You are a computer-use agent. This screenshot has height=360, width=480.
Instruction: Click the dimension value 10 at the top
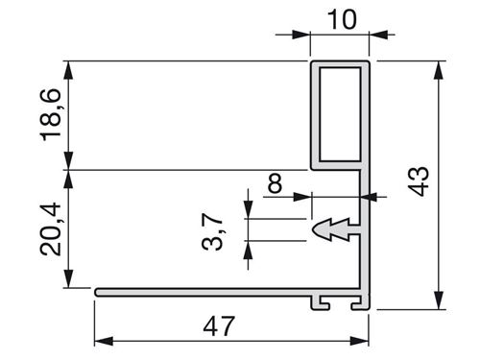342,19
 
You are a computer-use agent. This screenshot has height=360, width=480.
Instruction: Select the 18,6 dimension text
51,114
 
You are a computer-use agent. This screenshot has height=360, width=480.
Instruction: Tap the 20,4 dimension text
51,228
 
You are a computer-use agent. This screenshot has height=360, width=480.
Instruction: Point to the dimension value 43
420,181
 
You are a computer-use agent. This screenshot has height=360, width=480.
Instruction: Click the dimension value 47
219,325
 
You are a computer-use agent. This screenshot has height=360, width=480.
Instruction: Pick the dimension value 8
276,183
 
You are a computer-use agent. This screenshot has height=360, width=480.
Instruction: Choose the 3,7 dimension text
212,231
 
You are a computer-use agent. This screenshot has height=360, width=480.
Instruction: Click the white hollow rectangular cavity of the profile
340,114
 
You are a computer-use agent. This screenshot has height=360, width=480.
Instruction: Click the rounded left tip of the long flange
97,292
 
